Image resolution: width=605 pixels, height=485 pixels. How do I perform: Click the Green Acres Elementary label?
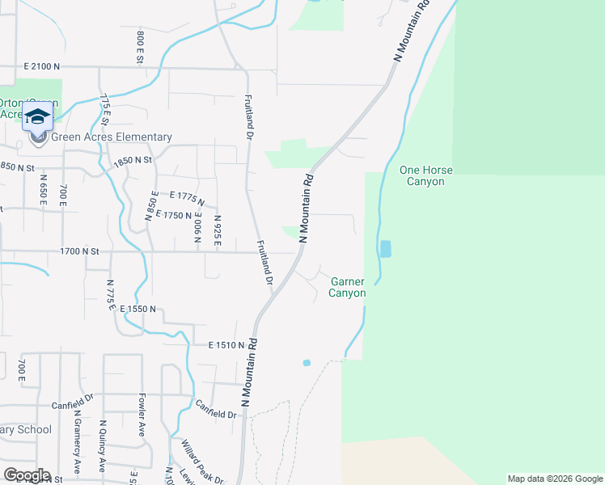point(112,137)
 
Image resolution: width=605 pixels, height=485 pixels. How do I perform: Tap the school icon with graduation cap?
point(37,118)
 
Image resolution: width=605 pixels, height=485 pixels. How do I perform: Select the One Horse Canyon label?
point(426,176)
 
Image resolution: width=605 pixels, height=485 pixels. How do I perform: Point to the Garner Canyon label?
point(347,287)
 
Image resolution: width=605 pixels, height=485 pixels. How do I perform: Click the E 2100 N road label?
point(43,66)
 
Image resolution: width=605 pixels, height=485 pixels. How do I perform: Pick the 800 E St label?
point(140,46)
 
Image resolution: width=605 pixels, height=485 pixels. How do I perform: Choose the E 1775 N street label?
point(187,199)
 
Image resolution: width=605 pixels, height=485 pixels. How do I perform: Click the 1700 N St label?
point(78,251)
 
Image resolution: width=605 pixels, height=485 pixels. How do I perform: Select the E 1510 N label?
point(226,345)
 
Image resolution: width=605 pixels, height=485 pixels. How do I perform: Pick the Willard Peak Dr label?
point(201,462)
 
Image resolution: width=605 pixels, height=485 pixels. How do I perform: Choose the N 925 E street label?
point(218,230)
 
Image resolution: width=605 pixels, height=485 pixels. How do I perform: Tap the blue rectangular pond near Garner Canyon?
point(385,249)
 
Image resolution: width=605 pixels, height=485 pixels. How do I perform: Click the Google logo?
point(27,475)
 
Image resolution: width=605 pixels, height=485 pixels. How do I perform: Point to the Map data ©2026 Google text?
point(554,479)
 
